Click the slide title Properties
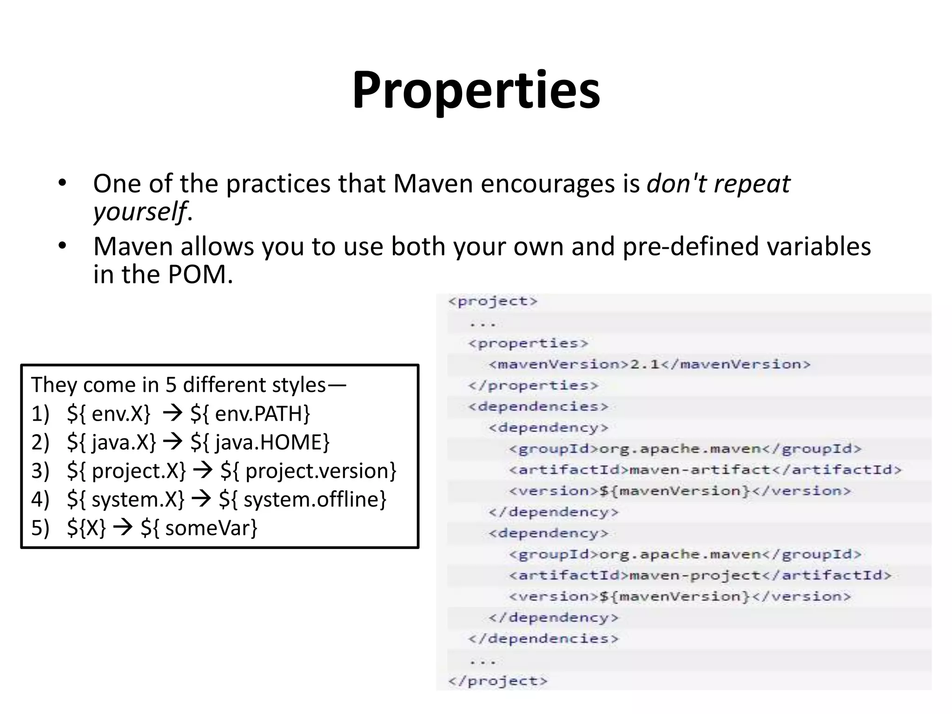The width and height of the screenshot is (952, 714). tap(476, 90)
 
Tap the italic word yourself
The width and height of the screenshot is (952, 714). tap(139, 212)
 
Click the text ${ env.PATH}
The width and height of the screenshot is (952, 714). tap(250, 414)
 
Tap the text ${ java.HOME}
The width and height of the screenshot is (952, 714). tap(260, 442)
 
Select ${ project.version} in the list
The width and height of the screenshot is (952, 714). tap(308, 471)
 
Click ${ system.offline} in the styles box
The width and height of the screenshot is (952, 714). tap(303, 500)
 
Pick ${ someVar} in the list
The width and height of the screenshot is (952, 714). tap(199, 528)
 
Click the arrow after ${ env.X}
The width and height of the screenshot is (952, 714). tap(172, 413)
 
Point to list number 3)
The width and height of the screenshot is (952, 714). tap(40, 471)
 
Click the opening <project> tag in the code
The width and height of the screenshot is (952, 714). tap(493, 301)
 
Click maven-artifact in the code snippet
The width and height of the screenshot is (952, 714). tap(700, 470)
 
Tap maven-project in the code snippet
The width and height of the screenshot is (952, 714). tap(695, 575)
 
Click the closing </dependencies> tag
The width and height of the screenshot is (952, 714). tap(543, 639)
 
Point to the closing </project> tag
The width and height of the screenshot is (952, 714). tap(498, 681)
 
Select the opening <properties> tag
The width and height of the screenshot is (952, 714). tap(528, 344)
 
